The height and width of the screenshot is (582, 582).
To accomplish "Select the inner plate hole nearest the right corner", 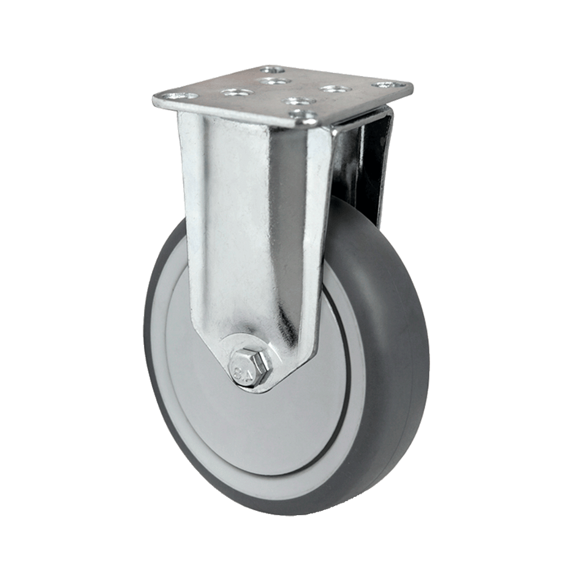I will pos(334,89).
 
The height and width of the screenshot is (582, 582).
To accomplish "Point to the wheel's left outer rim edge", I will pos(147,343).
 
